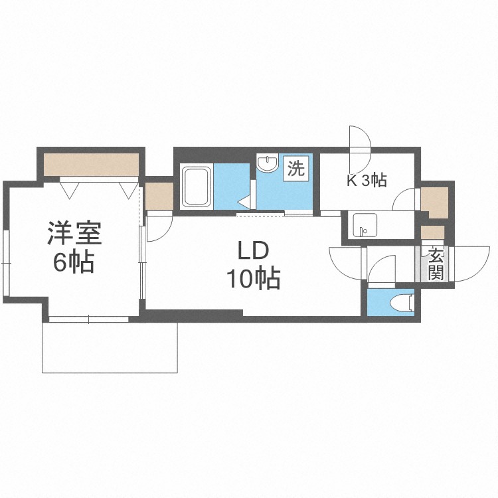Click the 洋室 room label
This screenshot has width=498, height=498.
point(74,234)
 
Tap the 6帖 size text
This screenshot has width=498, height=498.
point(74,262)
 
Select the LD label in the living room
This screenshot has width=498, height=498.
point(254,251)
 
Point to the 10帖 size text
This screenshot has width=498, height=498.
point(253,278)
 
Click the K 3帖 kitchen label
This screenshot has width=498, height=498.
point(367,181)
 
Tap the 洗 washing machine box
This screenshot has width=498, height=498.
point(296,169)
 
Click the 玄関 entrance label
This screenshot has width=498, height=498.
point(435,264)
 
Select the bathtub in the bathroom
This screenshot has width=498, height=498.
point(197,187)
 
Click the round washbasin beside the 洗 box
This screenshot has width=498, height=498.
point(268,163)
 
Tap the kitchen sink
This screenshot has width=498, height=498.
point(365,225)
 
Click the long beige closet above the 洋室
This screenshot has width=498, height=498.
point(91,165)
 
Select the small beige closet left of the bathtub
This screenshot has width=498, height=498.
point(159,196)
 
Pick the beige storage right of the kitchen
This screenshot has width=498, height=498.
point(434,202)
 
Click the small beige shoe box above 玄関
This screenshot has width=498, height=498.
point(432,232)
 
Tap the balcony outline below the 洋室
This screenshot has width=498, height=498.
point(110,373)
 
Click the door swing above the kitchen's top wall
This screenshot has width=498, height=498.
point(360,139)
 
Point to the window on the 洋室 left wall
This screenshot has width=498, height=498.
point(6,262)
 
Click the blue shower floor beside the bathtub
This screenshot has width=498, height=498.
point(232,187)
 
